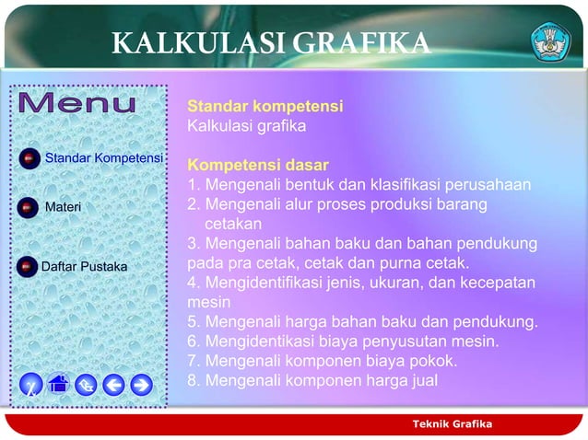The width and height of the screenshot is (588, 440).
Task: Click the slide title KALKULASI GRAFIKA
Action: pyautogui.click(x=270, y=43)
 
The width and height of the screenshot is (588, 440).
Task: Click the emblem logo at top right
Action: pyautogui.click(x=551, y=41)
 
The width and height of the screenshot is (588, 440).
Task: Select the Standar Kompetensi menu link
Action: pyautogui.click(x=104, y=158)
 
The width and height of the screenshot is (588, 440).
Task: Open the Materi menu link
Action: pyautogui.click(x=64, y=206)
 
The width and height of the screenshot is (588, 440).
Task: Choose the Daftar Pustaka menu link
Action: pyautogui.click(x=85, y=267)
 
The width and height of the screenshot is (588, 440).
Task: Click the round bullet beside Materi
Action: pyautogui.click(x=29, y=206)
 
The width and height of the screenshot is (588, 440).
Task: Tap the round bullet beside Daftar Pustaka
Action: pyautogui.click(x=29, y=267)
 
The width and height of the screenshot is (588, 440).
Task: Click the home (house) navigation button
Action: pyautogui.click(x=58, y=384)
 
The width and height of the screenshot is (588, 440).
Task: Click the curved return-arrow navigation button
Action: pyautogui.click(x=86, y=385)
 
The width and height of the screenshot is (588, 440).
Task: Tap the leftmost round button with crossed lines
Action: pyautogui.click(x=30, y=385)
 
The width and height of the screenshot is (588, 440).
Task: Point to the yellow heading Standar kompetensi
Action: pyautogui.click(x=265, y=107)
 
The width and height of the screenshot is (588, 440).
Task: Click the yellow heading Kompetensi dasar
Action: pyautogui.click(x=258, y=166)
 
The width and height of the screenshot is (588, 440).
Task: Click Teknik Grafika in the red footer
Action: pyautogui.click(x=453, y=423)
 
